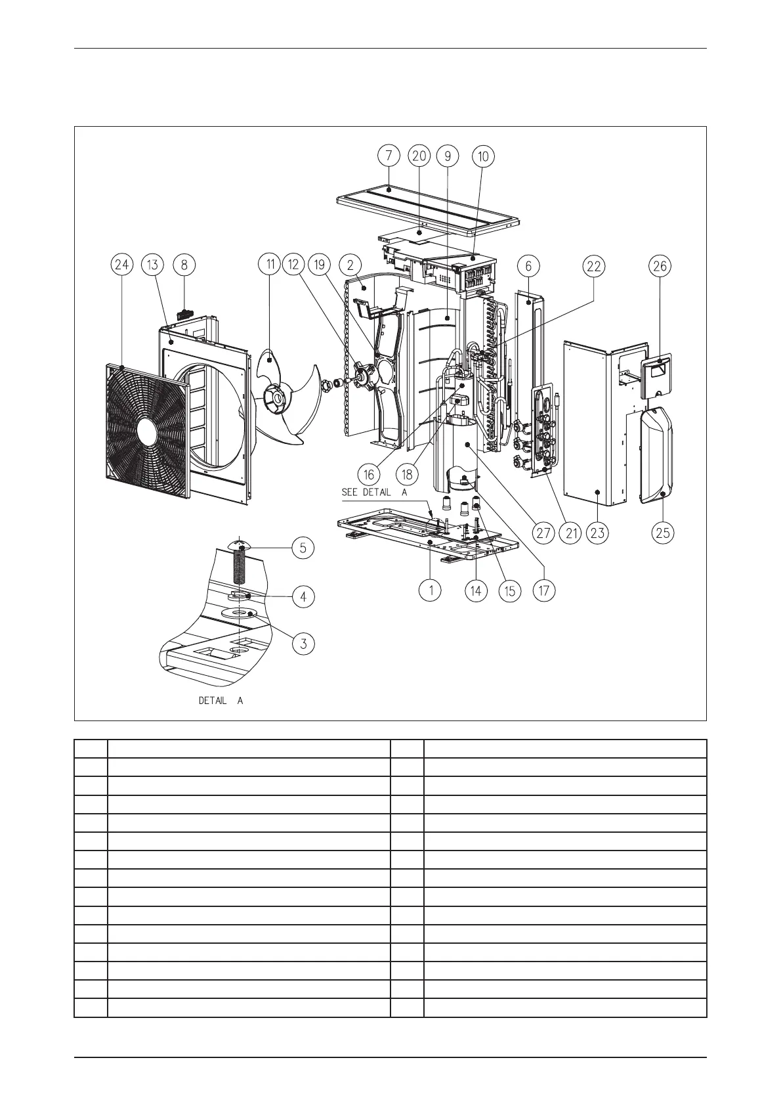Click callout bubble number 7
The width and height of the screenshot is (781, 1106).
389,156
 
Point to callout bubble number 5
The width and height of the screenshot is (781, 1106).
303,548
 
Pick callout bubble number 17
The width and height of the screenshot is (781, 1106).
544,590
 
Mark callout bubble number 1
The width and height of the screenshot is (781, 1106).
431,590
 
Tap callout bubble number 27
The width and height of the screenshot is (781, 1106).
543,533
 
